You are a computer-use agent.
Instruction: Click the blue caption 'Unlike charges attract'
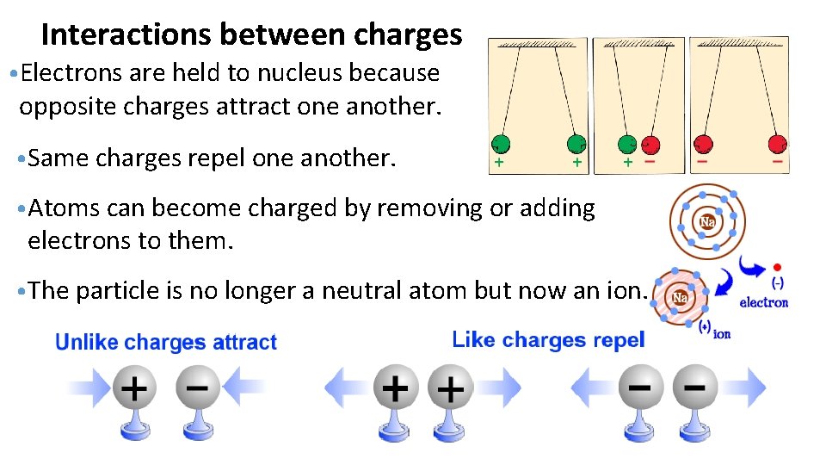pyautogui.click(x=166, y=343)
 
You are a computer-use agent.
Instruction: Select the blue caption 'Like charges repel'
pyautogui.click(x=548, y=340)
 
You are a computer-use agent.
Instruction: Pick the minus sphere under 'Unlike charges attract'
pyautogui.click(x=197, y=389)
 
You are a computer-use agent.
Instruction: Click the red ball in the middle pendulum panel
pyautogui.click(x=650, y=145)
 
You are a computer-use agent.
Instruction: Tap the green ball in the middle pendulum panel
pyautogui.click(x=629, y=145)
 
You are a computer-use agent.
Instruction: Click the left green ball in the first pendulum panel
pyautogui.click(x=500, y=144)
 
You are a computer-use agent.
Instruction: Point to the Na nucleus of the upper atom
pyautogui.click(x=707, y=222)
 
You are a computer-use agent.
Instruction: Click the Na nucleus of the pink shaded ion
pyautogui.click(x=680, y=297)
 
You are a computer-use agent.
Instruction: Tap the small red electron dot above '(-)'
pyautogui.click(x=778, y=267)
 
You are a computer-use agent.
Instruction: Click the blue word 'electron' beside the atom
pyautogui.click(x=763, y=302)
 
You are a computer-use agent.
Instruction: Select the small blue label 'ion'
pyautogui.click(x=722, y=333)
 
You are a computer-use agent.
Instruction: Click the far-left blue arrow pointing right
pyautogui.click(x=86, y=388)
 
